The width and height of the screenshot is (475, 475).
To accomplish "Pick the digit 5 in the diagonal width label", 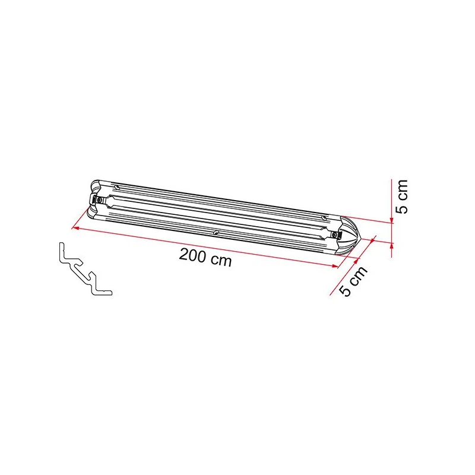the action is click(346, 290).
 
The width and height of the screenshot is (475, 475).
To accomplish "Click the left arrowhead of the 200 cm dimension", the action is click(75, 228).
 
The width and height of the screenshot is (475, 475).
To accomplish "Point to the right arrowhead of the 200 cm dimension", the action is click(335, 266).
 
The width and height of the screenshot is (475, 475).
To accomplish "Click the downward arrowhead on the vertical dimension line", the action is click(392, 220).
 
